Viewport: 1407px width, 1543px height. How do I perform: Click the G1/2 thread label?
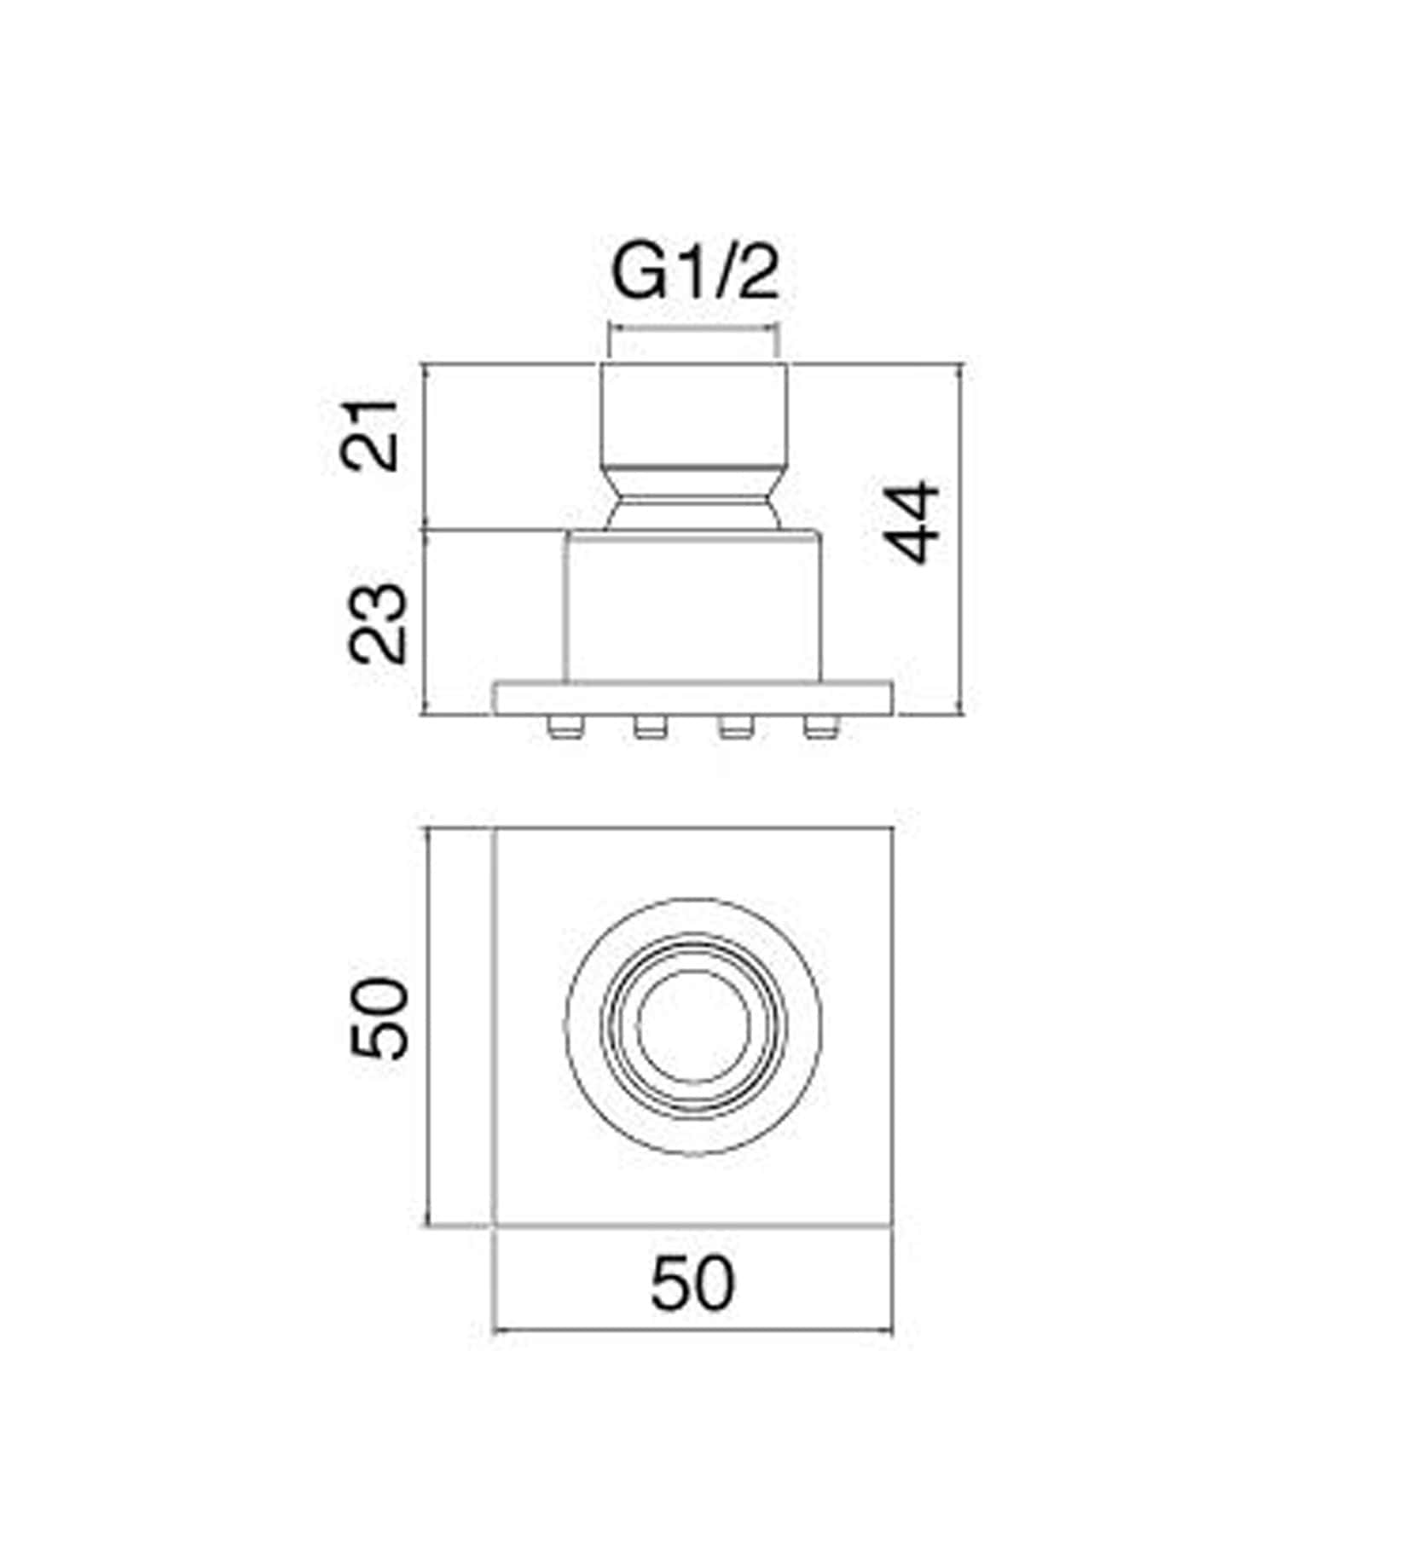[696, 276]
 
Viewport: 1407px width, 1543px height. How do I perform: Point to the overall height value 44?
[912, 522]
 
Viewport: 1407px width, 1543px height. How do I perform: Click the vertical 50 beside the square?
[379, 1019]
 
